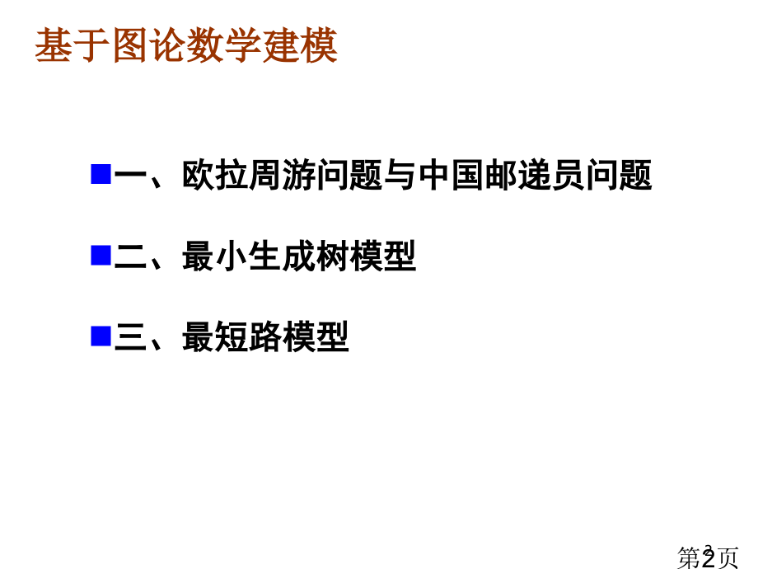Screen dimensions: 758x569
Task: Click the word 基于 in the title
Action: point(73,45)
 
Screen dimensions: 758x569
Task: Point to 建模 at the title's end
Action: point(300,45)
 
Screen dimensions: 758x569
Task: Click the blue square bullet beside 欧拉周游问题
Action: point(101,174)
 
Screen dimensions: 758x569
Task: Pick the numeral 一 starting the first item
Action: point(130,175)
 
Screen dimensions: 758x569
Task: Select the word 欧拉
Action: point(215,175)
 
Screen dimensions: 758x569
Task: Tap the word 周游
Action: point(283,175)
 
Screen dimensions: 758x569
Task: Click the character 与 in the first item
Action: point(400,175)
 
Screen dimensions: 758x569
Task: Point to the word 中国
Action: point(452,175)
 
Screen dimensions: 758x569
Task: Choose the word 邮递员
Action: point(536,175)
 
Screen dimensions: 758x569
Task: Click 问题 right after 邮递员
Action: point(620,175)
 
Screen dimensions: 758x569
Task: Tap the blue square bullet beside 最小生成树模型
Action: point(101,255)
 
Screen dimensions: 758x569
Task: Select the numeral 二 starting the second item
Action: point(130,256)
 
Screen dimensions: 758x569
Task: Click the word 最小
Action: point(215,256)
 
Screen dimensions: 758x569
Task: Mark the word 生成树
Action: point(299,256)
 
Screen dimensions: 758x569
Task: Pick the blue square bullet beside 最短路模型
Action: point(101,336)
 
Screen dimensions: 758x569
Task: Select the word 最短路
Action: point(232,336)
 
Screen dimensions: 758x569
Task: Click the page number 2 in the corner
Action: point(709,558)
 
